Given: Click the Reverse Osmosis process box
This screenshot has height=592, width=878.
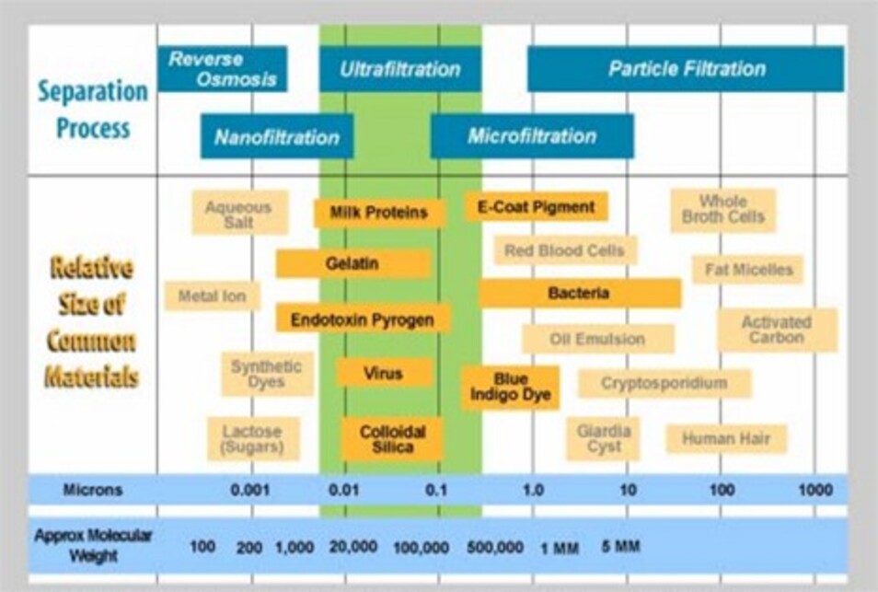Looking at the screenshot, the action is [x=223, y=69].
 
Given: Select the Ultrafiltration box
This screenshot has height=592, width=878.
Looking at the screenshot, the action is [x=400, y=69].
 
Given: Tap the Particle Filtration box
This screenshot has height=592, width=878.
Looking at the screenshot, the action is [x=686, y=69].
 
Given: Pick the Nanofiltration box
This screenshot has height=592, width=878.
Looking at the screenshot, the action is [x=277, y=136].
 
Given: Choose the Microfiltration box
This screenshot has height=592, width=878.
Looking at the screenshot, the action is [x=532, y=136].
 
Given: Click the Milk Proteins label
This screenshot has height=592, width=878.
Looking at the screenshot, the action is [x=379, y=213].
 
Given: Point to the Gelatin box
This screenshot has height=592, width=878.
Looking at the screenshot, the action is [x=352, y=263].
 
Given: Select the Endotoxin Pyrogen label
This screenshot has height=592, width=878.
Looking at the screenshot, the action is [x=363, y=319].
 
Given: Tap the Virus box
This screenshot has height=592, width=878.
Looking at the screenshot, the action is [x=385, y=373].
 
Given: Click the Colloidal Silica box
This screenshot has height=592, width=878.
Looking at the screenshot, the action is [x=393, y=439].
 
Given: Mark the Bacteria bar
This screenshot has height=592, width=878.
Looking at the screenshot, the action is [x=581, y=293].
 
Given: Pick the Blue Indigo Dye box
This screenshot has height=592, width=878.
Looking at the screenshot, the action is [x=510, y=388].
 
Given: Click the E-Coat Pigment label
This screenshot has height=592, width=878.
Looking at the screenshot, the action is [x=537, y=206].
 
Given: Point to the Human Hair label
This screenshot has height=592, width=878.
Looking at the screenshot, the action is [x=726, y=438].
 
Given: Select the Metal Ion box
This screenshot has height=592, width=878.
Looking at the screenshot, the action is [x=213, y=296].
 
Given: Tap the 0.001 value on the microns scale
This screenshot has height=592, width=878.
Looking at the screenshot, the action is [x=249, y=490].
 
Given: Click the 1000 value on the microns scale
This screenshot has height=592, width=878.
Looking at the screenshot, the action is [x=815, y=490].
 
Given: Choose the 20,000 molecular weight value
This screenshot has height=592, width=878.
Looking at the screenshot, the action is [x=352, y=547].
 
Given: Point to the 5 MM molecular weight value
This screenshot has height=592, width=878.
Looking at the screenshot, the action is [x=620, y=546].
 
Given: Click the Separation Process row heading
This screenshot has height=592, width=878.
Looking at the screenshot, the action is [x=93, y=110].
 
